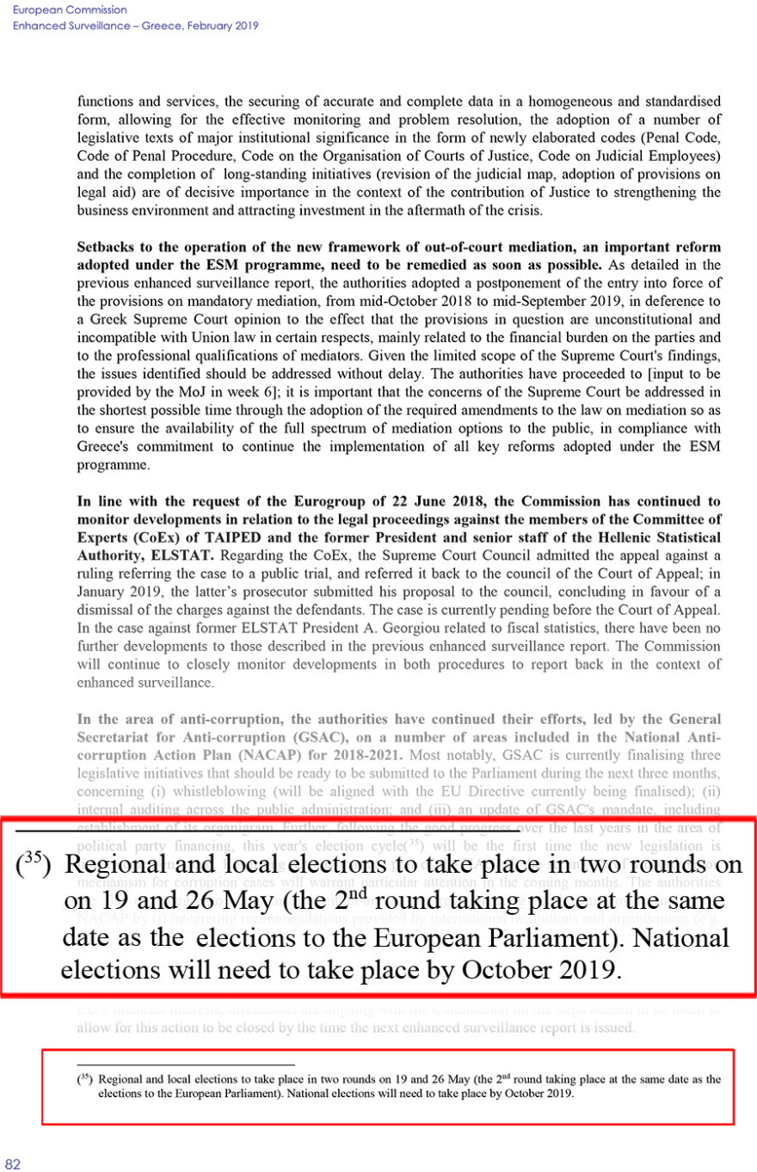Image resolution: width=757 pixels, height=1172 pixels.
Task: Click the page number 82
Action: (x=12, y=1164)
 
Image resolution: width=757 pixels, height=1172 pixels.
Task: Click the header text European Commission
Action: (x=58, y=9)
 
